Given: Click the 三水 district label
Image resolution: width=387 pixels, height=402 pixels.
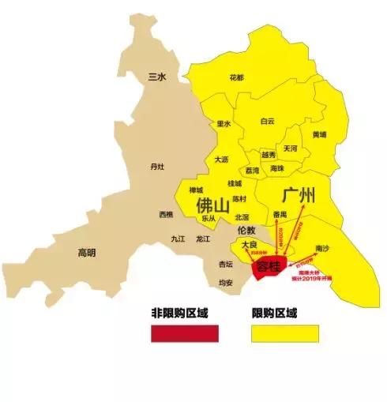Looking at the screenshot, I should coord(157,76).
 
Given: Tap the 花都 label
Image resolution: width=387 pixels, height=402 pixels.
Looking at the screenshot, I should coord(236,77).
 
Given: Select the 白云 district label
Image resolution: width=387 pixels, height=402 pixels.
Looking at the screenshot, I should coord(268,121).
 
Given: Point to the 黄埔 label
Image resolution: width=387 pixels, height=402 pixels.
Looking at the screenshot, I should coord(320,134).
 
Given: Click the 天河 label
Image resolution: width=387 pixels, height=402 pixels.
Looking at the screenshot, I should coord(291,148).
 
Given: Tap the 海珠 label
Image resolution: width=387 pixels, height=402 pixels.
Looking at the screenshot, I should coord(276,169).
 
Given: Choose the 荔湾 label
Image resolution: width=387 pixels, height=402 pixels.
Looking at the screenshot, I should coord(252,170).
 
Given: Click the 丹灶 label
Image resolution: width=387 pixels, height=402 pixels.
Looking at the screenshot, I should coord(157,166).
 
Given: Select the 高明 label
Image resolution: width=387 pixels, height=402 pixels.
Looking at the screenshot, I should coord(87,253).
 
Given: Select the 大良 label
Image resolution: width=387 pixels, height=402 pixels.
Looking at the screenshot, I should coord(249,245).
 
